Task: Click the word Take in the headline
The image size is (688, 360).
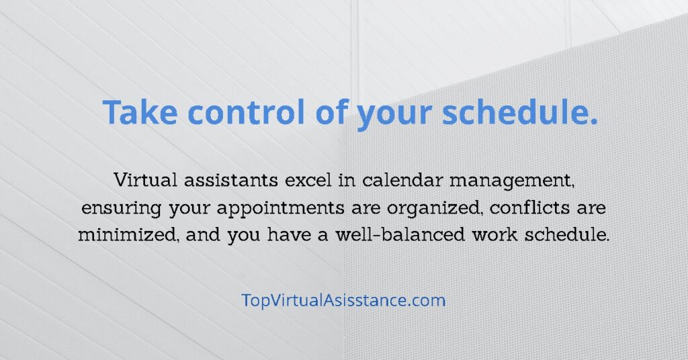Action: (x=140, y=112)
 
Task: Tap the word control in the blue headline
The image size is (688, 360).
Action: (x=246, y=111)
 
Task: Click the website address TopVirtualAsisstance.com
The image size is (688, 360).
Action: (x=343, y=300)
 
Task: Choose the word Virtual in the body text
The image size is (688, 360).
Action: (x=146, y=180)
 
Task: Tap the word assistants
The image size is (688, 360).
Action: (x=231, y=180)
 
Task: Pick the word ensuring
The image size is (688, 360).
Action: (x=121, y=208)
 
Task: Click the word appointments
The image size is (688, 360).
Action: (x=280, y=208)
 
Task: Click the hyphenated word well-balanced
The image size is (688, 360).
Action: (x=400, y=234)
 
